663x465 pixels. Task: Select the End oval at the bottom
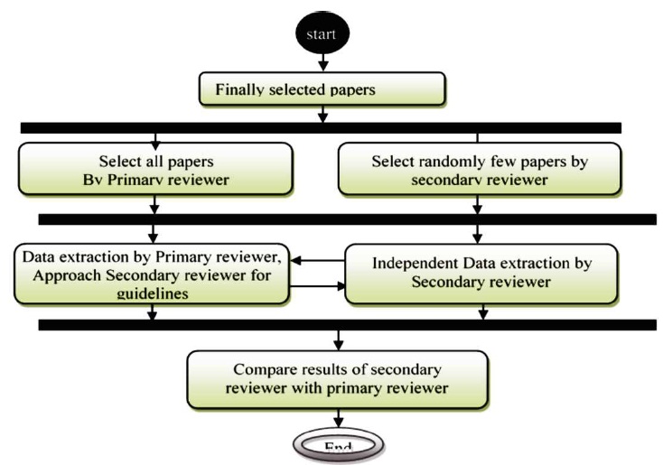335,445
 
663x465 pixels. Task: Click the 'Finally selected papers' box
322,90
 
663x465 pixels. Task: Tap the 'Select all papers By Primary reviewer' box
156,169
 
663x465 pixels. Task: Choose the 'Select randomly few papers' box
477,169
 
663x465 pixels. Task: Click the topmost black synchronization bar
320,127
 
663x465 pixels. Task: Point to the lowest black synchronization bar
347,324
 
